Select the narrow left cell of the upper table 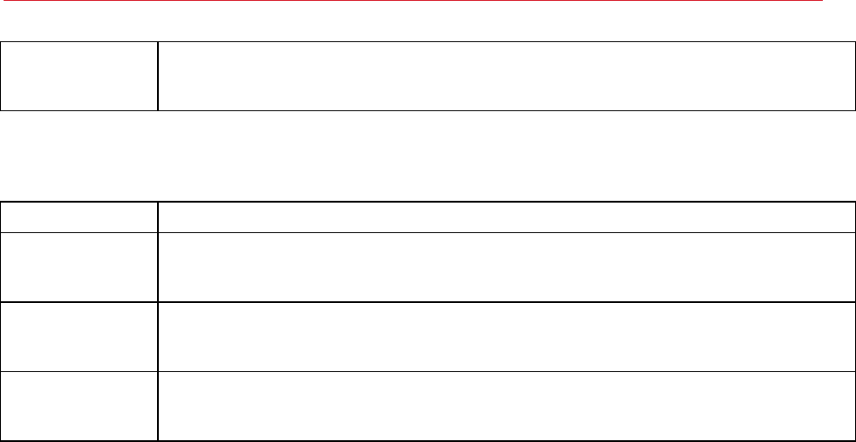point(79,76)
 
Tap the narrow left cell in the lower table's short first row point(79,217)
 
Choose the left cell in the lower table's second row point(79,267)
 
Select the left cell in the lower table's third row point(79,336)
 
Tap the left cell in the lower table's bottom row point(79,406)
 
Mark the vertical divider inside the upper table point(158,76)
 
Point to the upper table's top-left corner point(1,42)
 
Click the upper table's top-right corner point(854,42)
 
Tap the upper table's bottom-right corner point(854,110)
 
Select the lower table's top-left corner point(1,202)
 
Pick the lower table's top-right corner point(854,202)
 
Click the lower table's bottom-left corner point(1,440)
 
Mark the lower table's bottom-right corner point(854,440)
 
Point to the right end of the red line point(823,2)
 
